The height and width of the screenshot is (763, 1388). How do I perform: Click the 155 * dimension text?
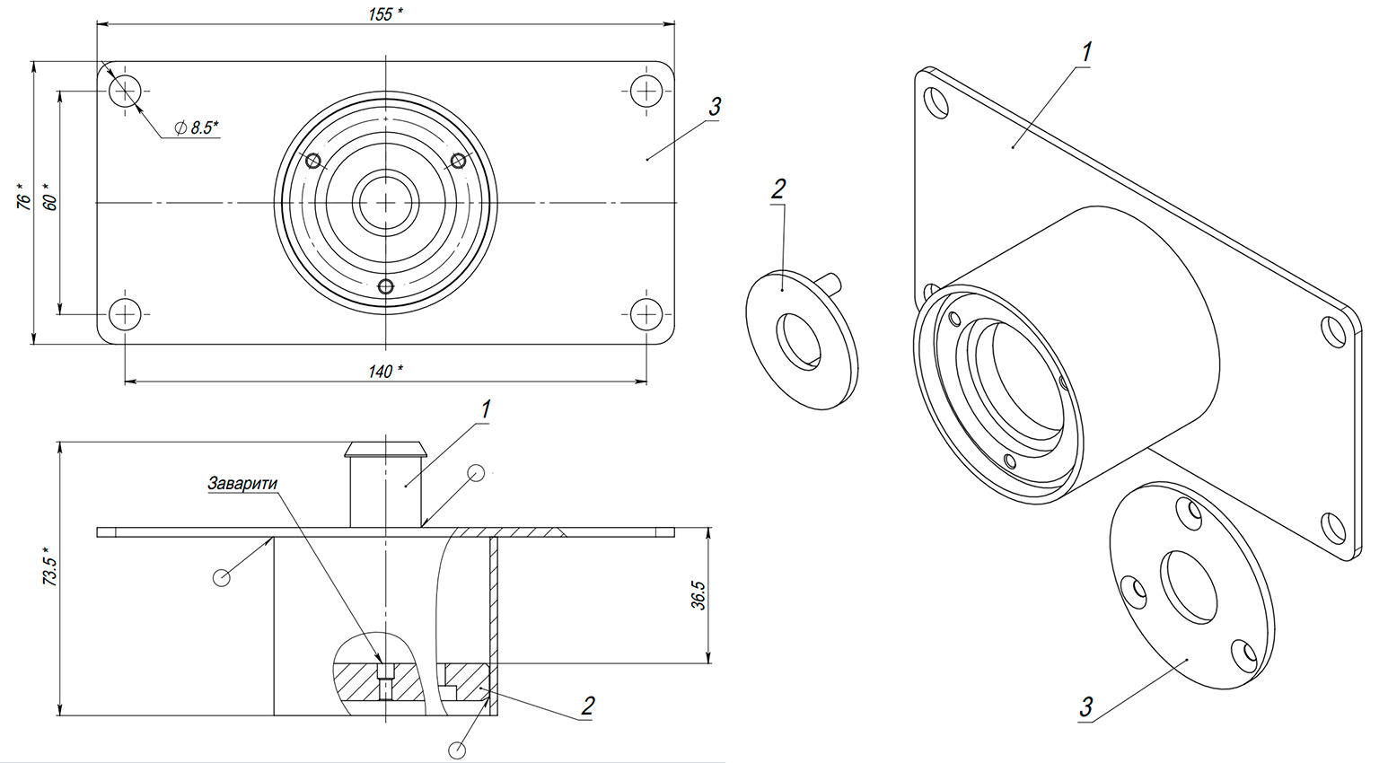[385, 14]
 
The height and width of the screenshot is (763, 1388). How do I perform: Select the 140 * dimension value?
[385, 372]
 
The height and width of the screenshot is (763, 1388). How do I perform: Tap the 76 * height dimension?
[23, 197]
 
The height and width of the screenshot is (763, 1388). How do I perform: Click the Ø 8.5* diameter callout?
[197, 128]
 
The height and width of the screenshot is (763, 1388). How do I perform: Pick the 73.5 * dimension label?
[49, 566]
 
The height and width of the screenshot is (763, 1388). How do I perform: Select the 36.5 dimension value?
[698, 595]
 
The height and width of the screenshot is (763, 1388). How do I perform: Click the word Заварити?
[242, 483]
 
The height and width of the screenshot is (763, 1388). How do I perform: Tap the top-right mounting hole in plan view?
[646, 92]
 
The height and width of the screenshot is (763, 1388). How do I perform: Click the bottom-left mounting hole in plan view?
[125, 314]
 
